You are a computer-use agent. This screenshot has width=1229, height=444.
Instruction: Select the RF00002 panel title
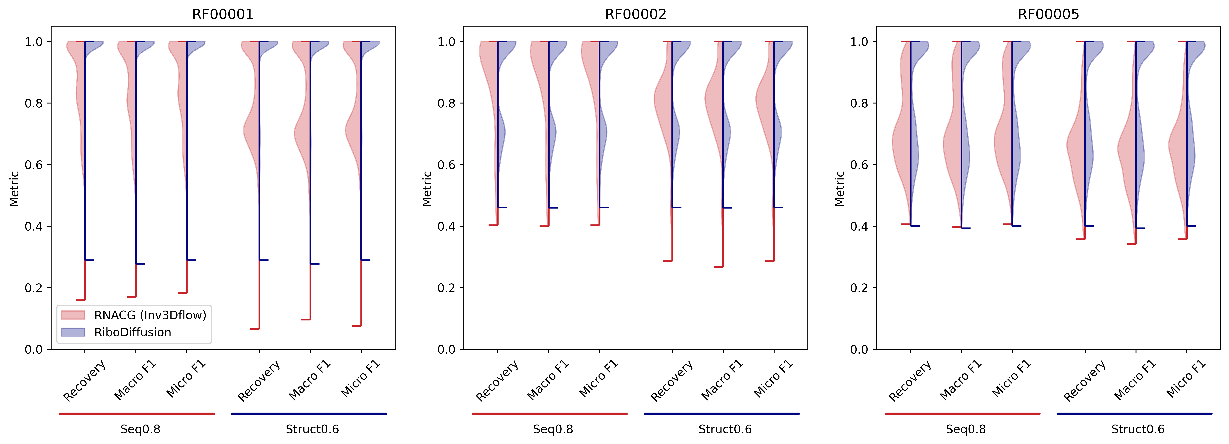click(x=636, y=14)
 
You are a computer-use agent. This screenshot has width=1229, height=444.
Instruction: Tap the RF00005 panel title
click(x=1048, y=14)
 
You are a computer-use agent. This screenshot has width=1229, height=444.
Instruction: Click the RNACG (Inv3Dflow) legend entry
click(x=150, y=315)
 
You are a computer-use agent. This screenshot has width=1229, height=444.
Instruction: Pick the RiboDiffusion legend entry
click(x=133, y=332)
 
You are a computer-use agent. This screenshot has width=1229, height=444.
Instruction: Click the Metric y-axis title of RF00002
click(x=427, y=189)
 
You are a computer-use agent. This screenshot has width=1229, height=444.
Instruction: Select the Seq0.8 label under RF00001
click(x=140, y=429)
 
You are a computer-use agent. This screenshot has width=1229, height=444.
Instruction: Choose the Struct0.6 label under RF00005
click(x=1138, y=429)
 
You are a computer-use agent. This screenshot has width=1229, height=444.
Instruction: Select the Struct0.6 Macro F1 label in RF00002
click(x=722, y=380)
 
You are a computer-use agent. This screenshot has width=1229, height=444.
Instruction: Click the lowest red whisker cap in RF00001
click(x=255, y=328)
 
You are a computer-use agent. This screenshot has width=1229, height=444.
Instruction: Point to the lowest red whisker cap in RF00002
click(x=719, y=266)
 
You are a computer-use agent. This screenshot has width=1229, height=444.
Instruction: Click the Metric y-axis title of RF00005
click(x=840, y=189)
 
